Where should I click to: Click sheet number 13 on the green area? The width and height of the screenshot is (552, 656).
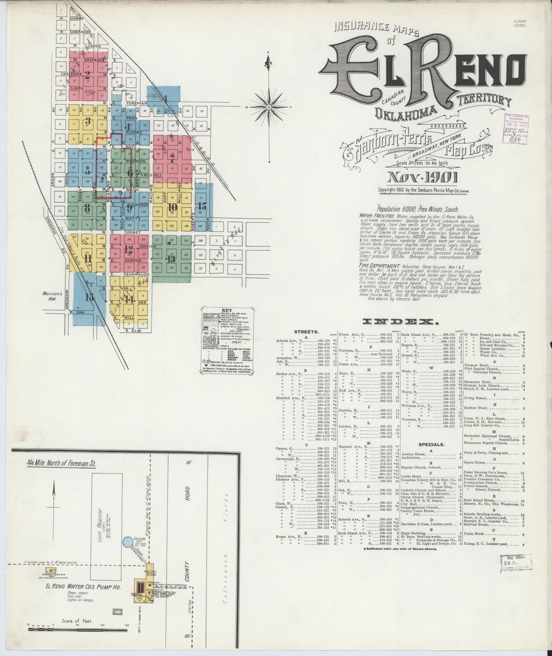171,258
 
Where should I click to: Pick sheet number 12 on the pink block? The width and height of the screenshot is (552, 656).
128,250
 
